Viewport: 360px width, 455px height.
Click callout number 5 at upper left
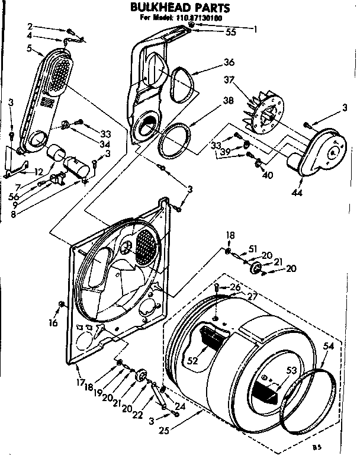(x=30, y=48)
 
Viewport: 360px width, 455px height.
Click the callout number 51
(x=253, y=249)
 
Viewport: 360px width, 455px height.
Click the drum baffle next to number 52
(x=213, y=339)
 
